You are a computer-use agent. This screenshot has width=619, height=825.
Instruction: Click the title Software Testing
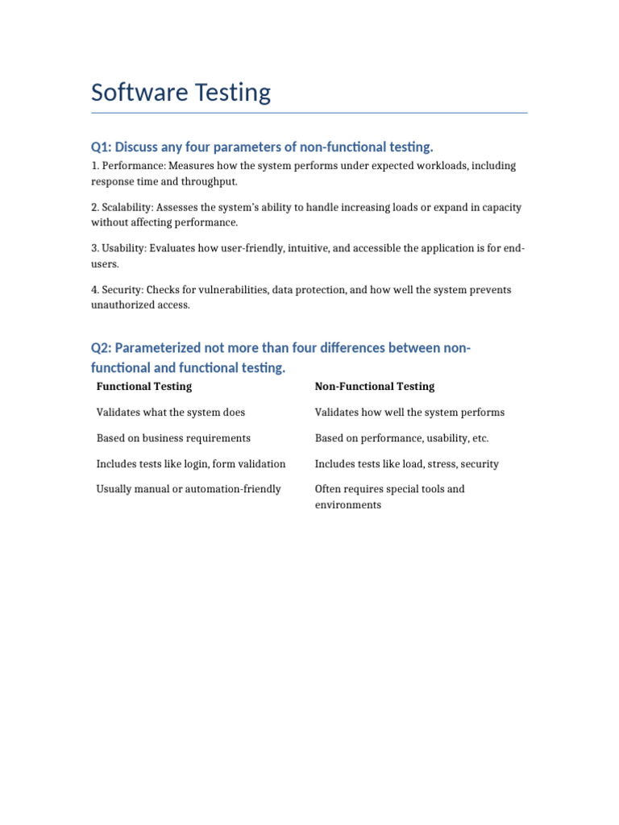coord(181,93)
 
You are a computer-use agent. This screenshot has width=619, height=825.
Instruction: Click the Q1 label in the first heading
coord(100,147)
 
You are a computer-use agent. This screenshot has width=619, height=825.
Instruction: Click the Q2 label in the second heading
coord(100,348)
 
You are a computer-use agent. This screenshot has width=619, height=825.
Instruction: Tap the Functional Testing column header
coord(144,387)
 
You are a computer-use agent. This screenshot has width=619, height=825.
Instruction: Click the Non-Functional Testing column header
coord(374,387)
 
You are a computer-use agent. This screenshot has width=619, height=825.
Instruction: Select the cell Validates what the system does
coord(171,412)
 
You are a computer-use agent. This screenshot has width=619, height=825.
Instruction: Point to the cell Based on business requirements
coord(173,438)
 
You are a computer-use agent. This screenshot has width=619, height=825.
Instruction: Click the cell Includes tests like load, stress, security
coord(406,464)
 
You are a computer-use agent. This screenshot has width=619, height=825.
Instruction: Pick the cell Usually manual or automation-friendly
coord(189,489)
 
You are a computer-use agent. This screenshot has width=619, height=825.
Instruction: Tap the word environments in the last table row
coord(347,505)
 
